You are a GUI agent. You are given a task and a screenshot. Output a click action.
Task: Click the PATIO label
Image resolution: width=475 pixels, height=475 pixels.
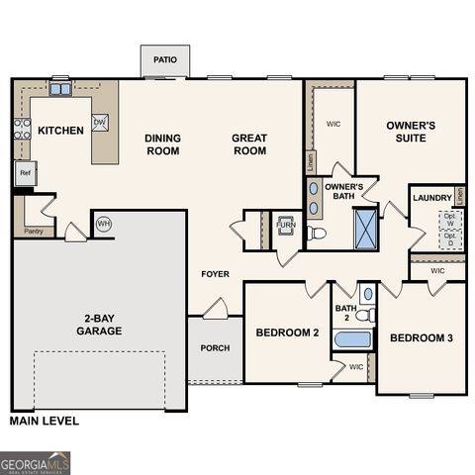[165, 60]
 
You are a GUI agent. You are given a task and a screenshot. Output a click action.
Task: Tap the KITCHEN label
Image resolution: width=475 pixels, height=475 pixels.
[60, 131]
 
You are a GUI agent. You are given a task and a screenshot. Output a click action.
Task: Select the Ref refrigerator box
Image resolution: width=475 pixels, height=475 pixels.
[26, 173]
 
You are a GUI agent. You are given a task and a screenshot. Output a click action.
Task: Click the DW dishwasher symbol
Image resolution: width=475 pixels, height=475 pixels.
[100, 123]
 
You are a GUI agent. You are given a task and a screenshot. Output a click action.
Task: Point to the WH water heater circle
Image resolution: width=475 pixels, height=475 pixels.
[104, 224]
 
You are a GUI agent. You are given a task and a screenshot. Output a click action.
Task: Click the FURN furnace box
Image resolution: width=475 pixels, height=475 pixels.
[285, 227]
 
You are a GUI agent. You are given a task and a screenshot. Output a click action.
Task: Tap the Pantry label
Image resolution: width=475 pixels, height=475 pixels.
[33, 233]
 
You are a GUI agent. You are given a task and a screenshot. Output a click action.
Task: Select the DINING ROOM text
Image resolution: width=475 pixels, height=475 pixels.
[162, 144]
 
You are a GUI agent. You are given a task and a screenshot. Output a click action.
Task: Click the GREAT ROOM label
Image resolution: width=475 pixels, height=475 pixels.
[249, 144]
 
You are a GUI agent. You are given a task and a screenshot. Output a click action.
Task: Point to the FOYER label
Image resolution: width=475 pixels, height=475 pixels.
[216, 274]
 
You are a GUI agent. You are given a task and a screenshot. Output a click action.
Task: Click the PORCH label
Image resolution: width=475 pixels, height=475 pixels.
[215, 347]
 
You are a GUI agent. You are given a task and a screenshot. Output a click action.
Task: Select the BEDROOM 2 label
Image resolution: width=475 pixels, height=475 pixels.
[287, 333]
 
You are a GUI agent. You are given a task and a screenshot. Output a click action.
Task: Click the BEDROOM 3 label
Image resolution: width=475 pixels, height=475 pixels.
[421, 338]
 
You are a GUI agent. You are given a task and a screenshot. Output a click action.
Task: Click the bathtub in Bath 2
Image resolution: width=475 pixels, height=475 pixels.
[353, 341]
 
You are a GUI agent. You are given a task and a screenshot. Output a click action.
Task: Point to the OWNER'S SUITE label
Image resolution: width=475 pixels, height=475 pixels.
[406, 132]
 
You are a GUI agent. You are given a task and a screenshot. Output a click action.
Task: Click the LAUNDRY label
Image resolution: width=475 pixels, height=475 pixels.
[432, 198]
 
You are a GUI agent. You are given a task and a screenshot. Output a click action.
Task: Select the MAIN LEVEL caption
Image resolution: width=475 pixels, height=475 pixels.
[44, 421]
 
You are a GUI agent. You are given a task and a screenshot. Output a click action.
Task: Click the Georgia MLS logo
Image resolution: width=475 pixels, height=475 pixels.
[36, 462]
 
